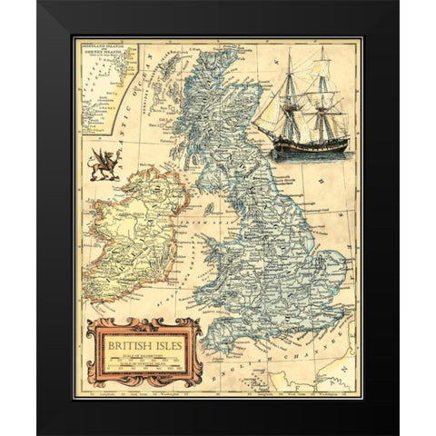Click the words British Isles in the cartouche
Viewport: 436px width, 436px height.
137,345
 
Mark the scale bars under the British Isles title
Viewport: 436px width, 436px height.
138,361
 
